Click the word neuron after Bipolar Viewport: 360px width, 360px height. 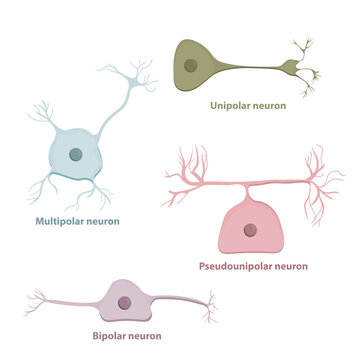144,336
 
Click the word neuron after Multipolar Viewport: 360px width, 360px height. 103,221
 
